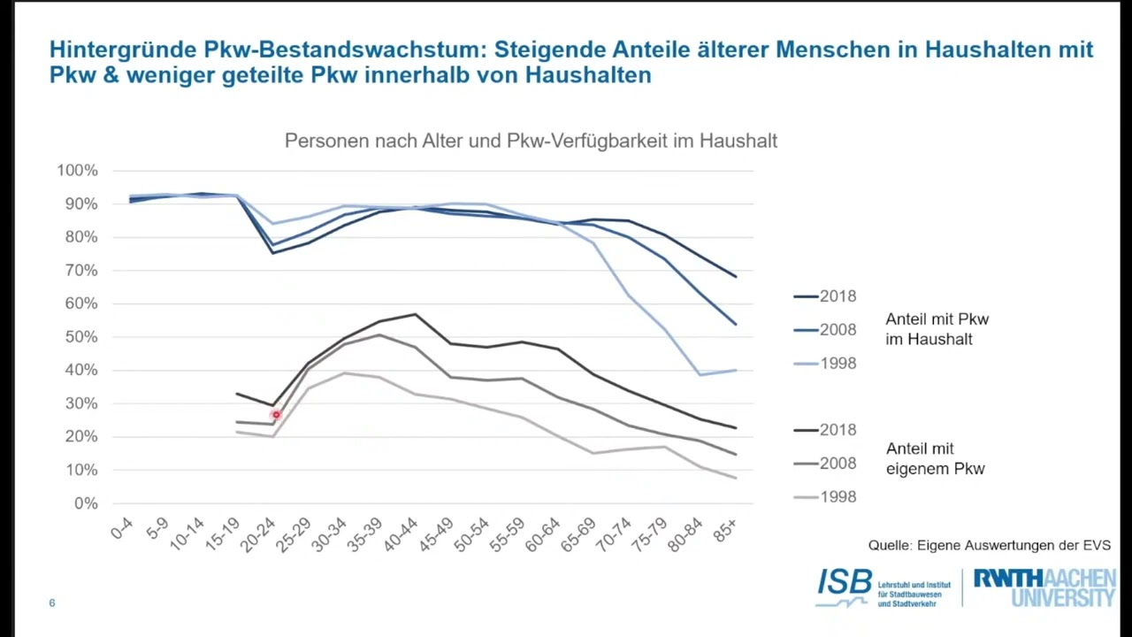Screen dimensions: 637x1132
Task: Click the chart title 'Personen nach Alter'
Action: coord(531,141)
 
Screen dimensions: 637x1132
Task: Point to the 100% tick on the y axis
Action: coord(78,170)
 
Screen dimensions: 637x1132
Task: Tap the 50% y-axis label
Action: coord(80,337)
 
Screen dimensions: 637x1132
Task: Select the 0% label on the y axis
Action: coord(86,503)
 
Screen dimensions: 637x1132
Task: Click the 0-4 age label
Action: coord(123,528)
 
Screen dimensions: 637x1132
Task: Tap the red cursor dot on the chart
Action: coord(276,414)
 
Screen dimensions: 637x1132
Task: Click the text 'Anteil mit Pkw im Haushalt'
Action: coord(937,329)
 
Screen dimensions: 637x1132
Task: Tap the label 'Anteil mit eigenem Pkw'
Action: coord(935,459)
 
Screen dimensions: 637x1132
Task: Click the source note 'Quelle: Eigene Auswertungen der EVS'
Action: coord(989,545)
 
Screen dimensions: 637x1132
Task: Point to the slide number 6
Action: coord(52,603)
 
